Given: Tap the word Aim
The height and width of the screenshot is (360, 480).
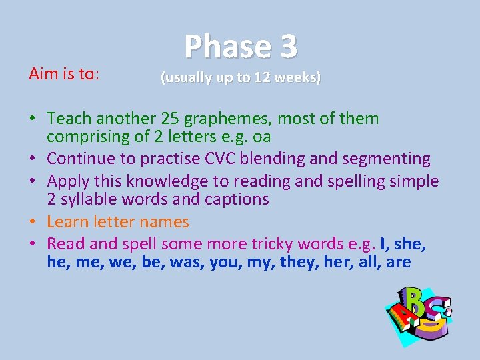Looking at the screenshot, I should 42,74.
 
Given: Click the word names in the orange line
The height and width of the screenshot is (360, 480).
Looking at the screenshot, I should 164,222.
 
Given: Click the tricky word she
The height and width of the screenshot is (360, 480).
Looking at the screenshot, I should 411,244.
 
